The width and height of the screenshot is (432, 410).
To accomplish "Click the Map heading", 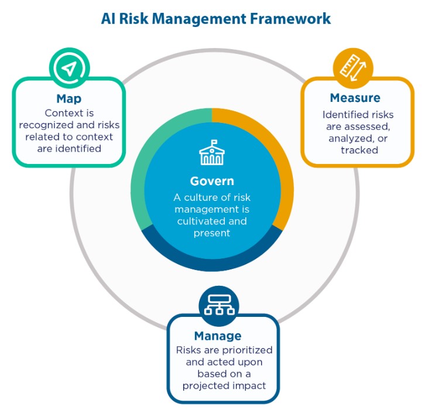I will pos(69,98).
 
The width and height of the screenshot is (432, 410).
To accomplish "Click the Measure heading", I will pos(355,97).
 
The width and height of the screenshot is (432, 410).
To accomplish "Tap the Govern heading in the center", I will pos(211,181).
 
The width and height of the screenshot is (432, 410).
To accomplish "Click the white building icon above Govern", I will pos(211,154).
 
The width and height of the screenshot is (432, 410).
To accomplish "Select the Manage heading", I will pos(218,336).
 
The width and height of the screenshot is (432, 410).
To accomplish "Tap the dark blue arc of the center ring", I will pos(211,263).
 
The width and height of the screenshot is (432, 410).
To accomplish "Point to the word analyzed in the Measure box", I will pos(349,138).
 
